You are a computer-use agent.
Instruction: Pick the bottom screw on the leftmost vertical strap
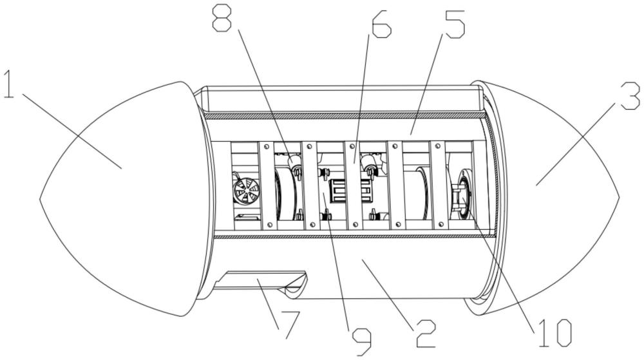[267, 224]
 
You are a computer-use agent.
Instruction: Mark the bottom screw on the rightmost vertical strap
[440, 223]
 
